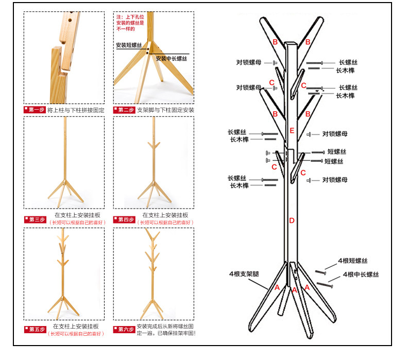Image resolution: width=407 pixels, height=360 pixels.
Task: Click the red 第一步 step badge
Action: tap(34, 110)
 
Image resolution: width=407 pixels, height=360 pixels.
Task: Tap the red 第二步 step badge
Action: tap(124, 110)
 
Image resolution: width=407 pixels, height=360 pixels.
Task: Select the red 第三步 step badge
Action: tap(34, 219)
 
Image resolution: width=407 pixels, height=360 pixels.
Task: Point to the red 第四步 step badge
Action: tap(124, 219)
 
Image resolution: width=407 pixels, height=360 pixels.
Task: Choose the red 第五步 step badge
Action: tap(34, 329)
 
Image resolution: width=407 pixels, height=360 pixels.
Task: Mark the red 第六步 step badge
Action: tap(124, 329)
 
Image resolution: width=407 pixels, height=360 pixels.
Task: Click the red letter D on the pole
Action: tap(292, 221)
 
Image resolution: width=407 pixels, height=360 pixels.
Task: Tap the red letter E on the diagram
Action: tap(292, 130)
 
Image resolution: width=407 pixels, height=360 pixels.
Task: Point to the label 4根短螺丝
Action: tap(352, 261)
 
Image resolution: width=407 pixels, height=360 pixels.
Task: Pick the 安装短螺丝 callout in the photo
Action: tap(129, 45)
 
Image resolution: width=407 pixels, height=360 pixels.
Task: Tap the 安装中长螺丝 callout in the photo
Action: tap(171, 58)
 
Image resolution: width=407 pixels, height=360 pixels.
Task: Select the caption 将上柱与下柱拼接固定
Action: tap(76, 110)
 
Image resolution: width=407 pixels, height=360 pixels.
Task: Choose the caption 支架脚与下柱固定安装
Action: tap(165, 110)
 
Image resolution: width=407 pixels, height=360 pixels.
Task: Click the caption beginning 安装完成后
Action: tap(165, 330)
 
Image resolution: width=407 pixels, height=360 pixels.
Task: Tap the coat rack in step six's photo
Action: tap(153, 273)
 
